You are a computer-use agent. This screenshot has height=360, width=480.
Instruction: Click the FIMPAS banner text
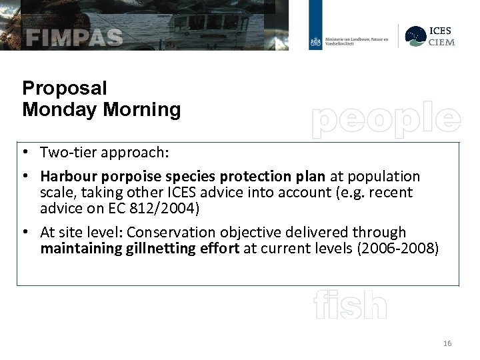(75, 37)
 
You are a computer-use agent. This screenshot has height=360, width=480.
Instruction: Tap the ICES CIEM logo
(429, 36)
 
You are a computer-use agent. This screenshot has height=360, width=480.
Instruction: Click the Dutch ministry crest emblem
(315, 41)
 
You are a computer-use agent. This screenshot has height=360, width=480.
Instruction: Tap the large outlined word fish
(350, 306)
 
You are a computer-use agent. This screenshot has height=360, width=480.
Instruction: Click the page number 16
(447, 343)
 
